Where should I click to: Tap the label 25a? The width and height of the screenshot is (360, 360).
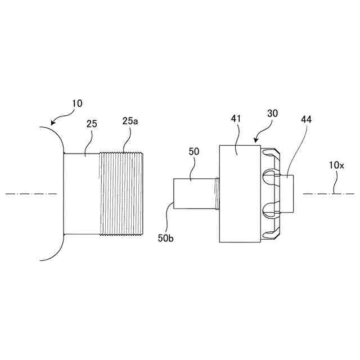tap(129, 121)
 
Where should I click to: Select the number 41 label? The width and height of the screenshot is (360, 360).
tap(236, 119)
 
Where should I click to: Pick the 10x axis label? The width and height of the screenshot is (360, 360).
tap(336, 165)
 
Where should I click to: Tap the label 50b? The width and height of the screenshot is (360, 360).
tap(165, 238)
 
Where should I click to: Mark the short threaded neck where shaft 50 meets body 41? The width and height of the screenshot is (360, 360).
tap(217, 193)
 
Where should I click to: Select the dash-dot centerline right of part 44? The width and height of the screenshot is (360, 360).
tap(329, 193)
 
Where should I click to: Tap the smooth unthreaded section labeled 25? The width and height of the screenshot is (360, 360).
tap(82, 193)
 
